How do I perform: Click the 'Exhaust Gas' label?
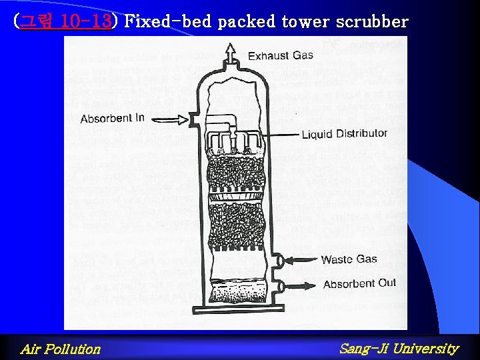tap(281, 55)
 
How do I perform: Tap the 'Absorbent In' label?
tap(112, 119)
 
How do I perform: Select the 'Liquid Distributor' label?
tap(344, 134)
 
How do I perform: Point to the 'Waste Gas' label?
tap(349, 259)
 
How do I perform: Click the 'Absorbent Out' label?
tap(359, 284)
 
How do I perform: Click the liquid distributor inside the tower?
tap(230, 138)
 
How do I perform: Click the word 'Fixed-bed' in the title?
tap(169, 21)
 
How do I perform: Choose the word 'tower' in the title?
tap(305, 21)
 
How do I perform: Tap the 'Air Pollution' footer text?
tap(60, 349)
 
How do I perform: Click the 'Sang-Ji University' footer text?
tap(399, 348)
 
